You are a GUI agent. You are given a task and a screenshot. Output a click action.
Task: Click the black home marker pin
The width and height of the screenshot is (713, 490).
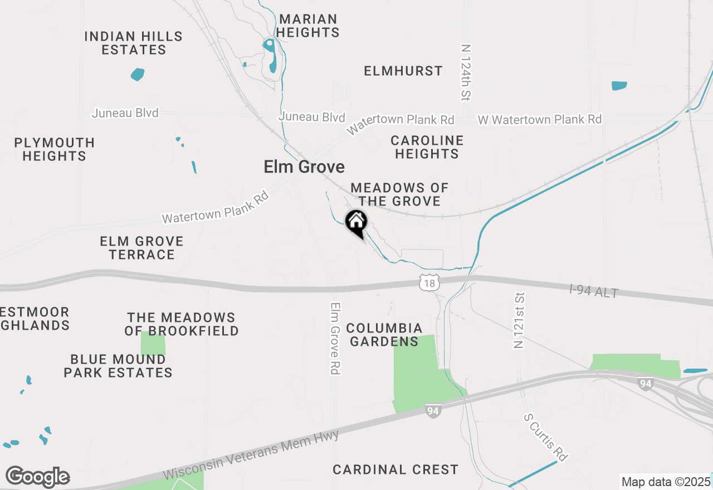tap(356, 223)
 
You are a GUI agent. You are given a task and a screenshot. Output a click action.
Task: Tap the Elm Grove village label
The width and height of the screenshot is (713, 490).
tap(304, 166)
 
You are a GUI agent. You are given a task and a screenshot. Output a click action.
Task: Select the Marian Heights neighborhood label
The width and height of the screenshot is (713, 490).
tap(307, 26)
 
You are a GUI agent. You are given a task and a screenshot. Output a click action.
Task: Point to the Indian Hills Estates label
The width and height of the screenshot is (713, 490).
tap(134, 43)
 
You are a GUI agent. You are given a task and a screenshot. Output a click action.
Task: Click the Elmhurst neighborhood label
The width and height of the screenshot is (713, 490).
tap(403, 71)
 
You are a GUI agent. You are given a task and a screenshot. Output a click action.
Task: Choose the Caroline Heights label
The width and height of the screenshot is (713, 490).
tap(427, 147)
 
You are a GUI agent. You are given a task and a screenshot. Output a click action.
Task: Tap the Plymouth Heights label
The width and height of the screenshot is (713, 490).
tap(55, 149)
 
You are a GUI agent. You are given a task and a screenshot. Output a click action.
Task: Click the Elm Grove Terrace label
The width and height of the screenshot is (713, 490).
tap(141, 248)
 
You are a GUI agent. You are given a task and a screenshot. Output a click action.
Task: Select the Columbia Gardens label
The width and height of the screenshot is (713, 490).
tap(384, 335)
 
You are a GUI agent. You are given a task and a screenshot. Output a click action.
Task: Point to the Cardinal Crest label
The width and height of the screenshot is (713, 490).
tap(395, 469)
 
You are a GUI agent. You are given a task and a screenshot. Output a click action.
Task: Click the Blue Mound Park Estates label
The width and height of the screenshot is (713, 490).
tap(118, 366)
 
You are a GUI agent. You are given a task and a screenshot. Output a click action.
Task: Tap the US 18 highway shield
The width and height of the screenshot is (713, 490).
tap(428, 283)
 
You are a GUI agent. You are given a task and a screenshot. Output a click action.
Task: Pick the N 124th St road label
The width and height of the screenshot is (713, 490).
tap(466, 73)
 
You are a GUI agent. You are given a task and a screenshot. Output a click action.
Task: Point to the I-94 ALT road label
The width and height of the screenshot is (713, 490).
tap(594, 291)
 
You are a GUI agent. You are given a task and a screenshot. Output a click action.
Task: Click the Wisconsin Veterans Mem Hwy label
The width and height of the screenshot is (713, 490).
tap(251, 454)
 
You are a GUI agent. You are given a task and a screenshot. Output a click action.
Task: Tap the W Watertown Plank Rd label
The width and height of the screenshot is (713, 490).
tap(540, 119)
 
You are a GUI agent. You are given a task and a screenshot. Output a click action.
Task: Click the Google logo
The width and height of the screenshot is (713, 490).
tap(37, 477)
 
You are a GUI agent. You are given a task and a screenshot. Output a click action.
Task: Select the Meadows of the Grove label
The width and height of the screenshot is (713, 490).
tap(399, 194)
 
